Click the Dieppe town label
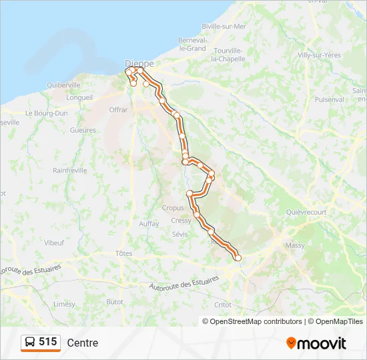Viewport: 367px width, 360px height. tap(139, 63)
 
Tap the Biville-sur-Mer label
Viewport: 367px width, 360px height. tap(224, 27)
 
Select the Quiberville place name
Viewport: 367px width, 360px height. tap(63, 85)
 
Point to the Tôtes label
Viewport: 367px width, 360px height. tap(123, 253)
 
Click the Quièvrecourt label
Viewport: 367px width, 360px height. tap(306, 212)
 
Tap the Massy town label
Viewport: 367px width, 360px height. tap(294, 245)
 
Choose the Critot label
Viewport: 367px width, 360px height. tap(223, 304)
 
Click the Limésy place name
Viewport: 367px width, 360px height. tap(64, 303)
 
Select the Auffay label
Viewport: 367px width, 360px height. tap(149, 224)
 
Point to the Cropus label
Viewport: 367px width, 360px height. tap(173, 207)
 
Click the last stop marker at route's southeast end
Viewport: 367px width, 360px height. tap(238, 258)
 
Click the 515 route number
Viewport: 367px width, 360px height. tap(47, 342)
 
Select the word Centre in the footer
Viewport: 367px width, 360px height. tap(82, 343)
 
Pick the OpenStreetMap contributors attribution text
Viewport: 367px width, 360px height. tap(252, 321)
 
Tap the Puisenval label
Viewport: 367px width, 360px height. tap(329, 99)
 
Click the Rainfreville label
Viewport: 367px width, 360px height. tap(70, 170)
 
